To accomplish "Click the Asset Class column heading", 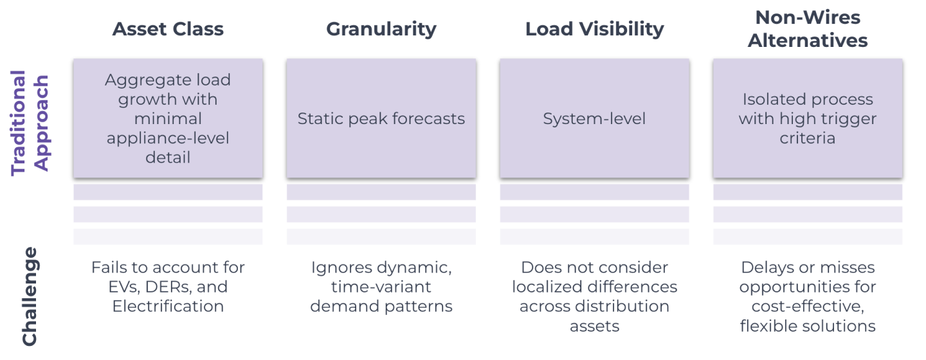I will [168, 29].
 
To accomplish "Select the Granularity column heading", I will [381, 29].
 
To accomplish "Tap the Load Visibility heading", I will [594, 29].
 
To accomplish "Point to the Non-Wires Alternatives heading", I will [808, 29].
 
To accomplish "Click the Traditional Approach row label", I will [30, 122].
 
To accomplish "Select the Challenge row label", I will [30, 296].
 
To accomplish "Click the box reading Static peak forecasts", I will [381, 118].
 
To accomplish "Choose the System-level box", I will [594, 118].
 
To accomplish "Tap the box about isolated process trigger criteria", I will [808, 118].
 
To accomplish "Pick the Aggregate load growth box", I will [168, 118].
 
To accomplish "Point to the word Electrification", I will [168, 306].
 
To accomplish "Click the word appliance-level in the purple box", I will [168, 138].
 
